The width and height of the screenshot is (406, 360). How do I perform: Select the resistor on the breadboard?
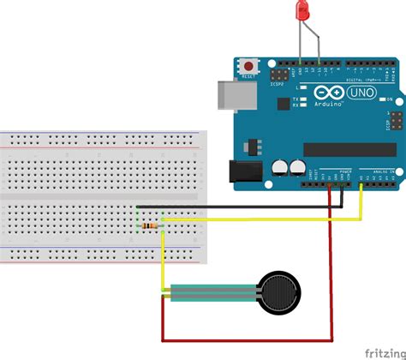click(x=151, y=225)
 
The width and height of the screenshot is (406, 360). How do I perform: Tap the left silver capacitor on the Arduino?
click(x=278, y=168)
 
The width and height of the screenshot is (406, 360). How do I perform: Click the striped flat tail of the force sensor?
click(x=210, y=293)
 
